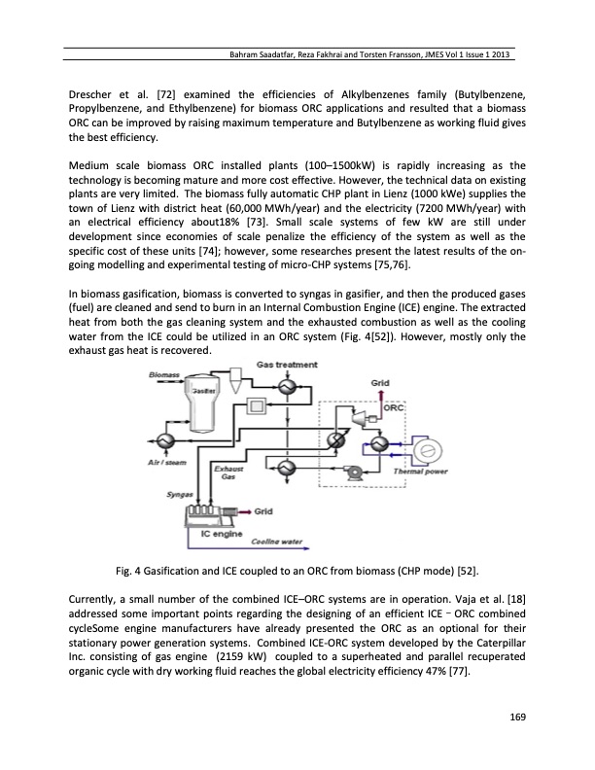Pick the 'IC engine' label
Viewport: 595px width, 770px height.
220,533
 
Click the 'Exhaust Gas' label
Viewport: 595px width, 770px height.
225,473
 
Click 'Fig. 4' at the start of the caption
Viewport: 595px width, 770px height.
126,566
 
